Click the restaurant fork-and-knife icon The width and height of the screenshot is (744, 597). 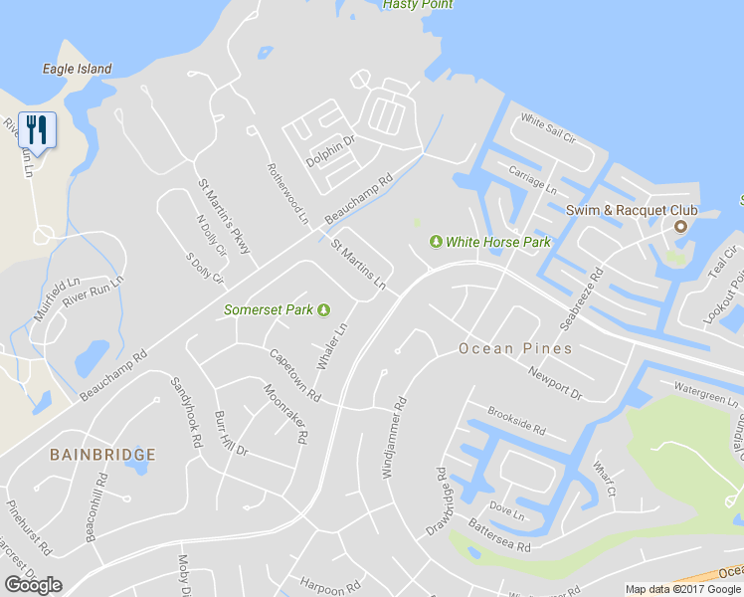click(38, 130)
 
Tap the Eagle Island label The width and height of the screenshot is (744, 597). click(77, 70)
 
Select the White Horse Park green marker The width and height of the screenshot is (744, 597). click(436, 242)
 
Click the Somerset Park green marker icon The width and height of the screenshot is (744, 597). click(323, 309)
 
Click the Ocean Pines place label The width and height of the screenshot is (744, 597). click(514, 349)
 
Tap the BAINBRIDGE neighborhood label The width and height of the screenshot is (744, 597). click(102, 455)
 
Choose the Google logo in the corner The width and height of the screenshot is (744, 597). click(33, 585)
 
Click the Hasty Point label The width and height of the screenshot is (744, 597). click(418, 5)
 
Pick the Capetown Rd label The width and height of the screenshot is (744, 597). click(294, 375)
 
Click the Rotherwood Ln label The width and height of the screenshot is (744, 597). click(288, 192)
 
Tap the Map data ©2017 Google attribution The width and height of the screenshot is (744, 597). click(683, 589)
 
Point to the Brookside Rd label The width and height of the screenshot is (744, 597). click(516, 421)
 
